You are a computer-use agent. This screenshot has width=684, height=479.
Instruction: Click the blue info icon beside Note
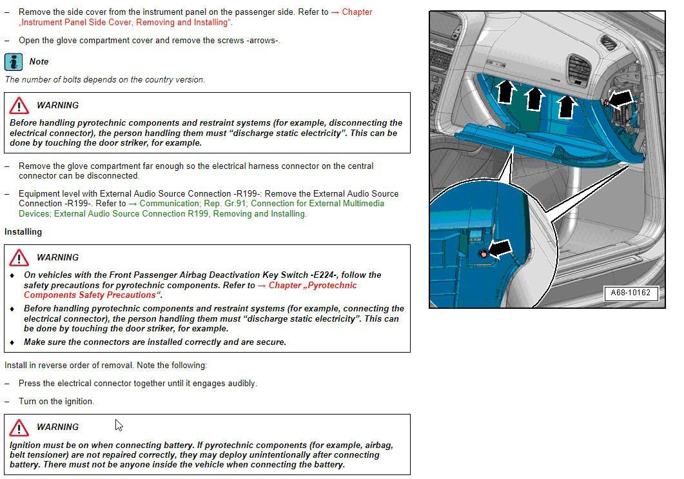coord(14,62)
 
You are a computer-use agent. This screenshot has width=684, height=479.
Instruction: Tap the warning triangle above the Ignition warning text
coord(19,427)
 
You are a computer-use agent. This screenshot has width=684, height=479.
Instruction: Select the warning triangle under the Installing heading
coord(19,257)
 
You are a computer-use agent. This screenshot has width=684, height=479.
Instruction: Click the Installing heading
coord(23,231)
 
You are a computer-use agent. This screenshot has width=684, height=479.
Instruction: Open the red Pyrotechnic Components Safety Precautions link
coord(190,290)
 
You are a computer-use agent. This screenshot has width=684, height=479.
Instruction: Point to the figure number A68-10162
coord(630,293)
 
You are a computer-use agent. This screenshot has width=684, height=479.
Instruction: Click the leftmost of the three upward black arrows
coord(507,92)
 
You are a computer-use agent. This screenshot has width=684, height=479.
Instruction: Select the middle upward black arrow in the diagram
coord(534,99)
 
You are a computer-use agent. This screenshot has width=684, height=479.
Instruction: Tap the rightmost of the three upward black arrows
coord(566,106)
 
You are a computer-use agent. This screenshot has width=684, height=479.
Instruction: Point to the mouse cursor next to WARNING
coord(119,425)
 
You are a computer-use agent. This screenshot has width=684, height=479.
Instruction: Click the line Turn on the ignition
coord(56,401)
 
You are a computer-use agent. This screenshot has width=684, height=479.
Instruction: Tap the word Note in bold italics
coord(39,62)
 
